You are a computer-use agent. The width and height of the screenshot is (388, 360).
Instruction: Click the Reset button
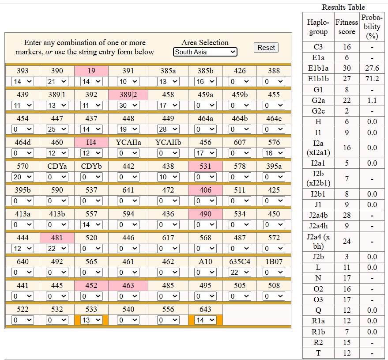pos(266,48)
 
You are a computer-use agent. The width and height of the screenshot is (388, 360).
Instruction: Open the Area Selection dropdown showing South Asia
pos(205,52)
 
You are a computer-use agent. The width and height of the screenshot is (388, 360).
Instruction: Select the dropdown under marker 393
pos(23,81)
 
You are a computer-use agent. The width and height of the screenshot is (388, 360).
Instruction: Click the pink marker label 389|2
pos(128,95)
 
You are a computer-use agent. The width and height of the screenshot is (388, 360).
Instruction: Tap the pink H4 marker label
pos(91,142)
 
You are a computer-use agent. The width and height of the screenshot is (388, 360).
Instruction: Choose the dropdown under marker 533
pos(91,320)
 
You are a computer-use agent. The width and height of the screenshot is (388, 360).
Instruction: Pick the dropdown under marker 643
pos(205,320)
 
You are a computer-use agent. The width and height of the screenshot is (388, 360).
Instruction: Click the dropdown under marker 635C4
pos(240,273)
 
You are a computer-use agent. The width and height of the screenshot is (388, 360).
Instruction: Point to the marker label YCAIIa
pos(128,142)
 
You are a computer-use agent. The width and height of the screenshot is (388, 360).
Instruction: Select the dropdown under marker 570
pos(23,177)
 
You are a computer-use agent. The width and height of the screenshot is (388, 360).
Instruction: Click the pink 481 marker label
pos(57,238)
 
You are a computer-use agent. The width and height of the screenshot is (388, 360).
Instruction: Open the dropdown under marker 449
pos(168,129)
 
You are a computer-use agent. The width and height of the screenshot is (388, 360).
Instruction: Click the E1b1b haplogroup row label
pos(318,79)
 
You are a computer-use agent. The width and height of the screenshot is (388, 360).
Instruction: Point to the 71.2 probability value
pos(372,79)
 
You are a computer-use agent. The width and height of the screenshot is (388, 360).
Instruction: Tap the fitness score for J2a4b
pos(347,215)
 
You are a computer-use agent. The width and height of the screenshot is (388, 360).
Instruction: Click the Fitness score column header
pos(347,27)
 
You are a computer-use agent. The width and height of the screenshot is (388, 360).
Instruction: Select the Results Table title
pos(343,7)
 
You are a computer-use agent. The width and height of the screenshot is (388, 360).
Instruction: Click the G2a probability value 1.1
pos(372,100)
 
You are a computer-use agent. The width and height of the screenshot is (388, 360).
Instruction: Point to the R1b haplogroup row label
pos(318,332)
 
